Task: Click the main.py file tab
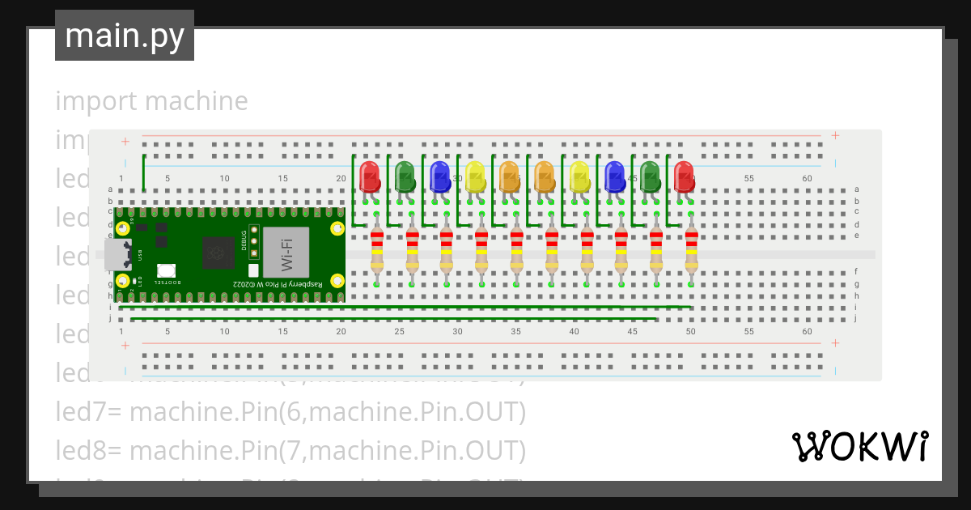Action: (x=125, y=36)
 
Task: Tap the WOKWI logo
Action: (x=859, y=447)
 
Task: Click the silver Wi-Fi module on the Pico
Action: (x=286, y=251)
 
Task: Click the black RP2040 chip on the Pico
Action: (x=218, y=253)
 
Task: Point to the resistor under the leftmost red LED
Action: (x=377, y=251)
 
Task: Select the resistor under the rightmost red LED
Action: (x=692, y=251)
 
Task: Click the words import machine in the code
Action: (x=151, y=101)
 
